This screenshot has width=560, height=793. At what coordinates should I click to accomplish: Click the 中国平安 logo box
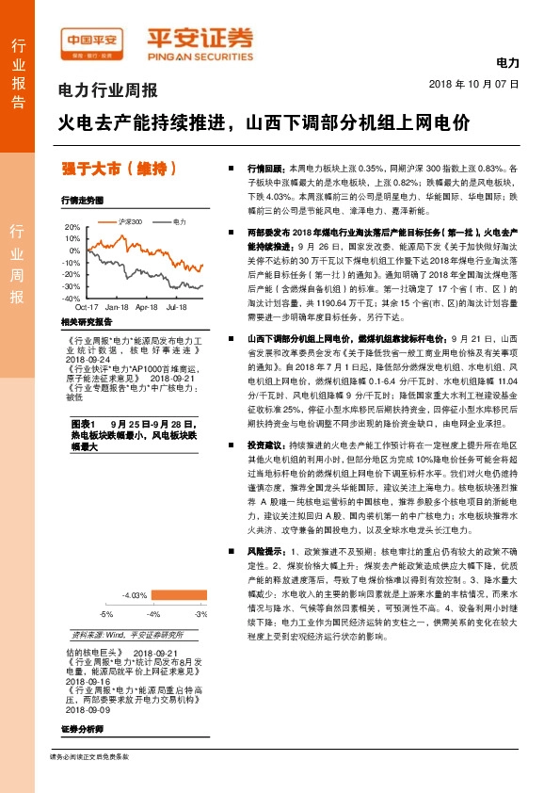[x=94, y=40]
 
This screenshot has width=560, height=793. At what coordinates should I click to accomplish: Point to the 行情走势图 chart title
[x=81, y=201]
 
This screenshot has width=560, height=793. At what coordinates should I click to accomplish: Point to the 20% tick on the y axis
[x=72, y=227]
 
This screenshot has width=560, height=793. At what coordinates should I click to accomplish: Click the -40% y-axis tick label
[x=71, y=298]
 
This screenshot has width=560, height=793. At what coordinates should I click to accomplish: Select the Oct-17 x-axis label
[x=87, y=307]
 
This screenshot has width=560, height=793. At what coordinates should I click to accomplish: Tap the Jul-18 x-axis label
[x=176, y=307]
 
